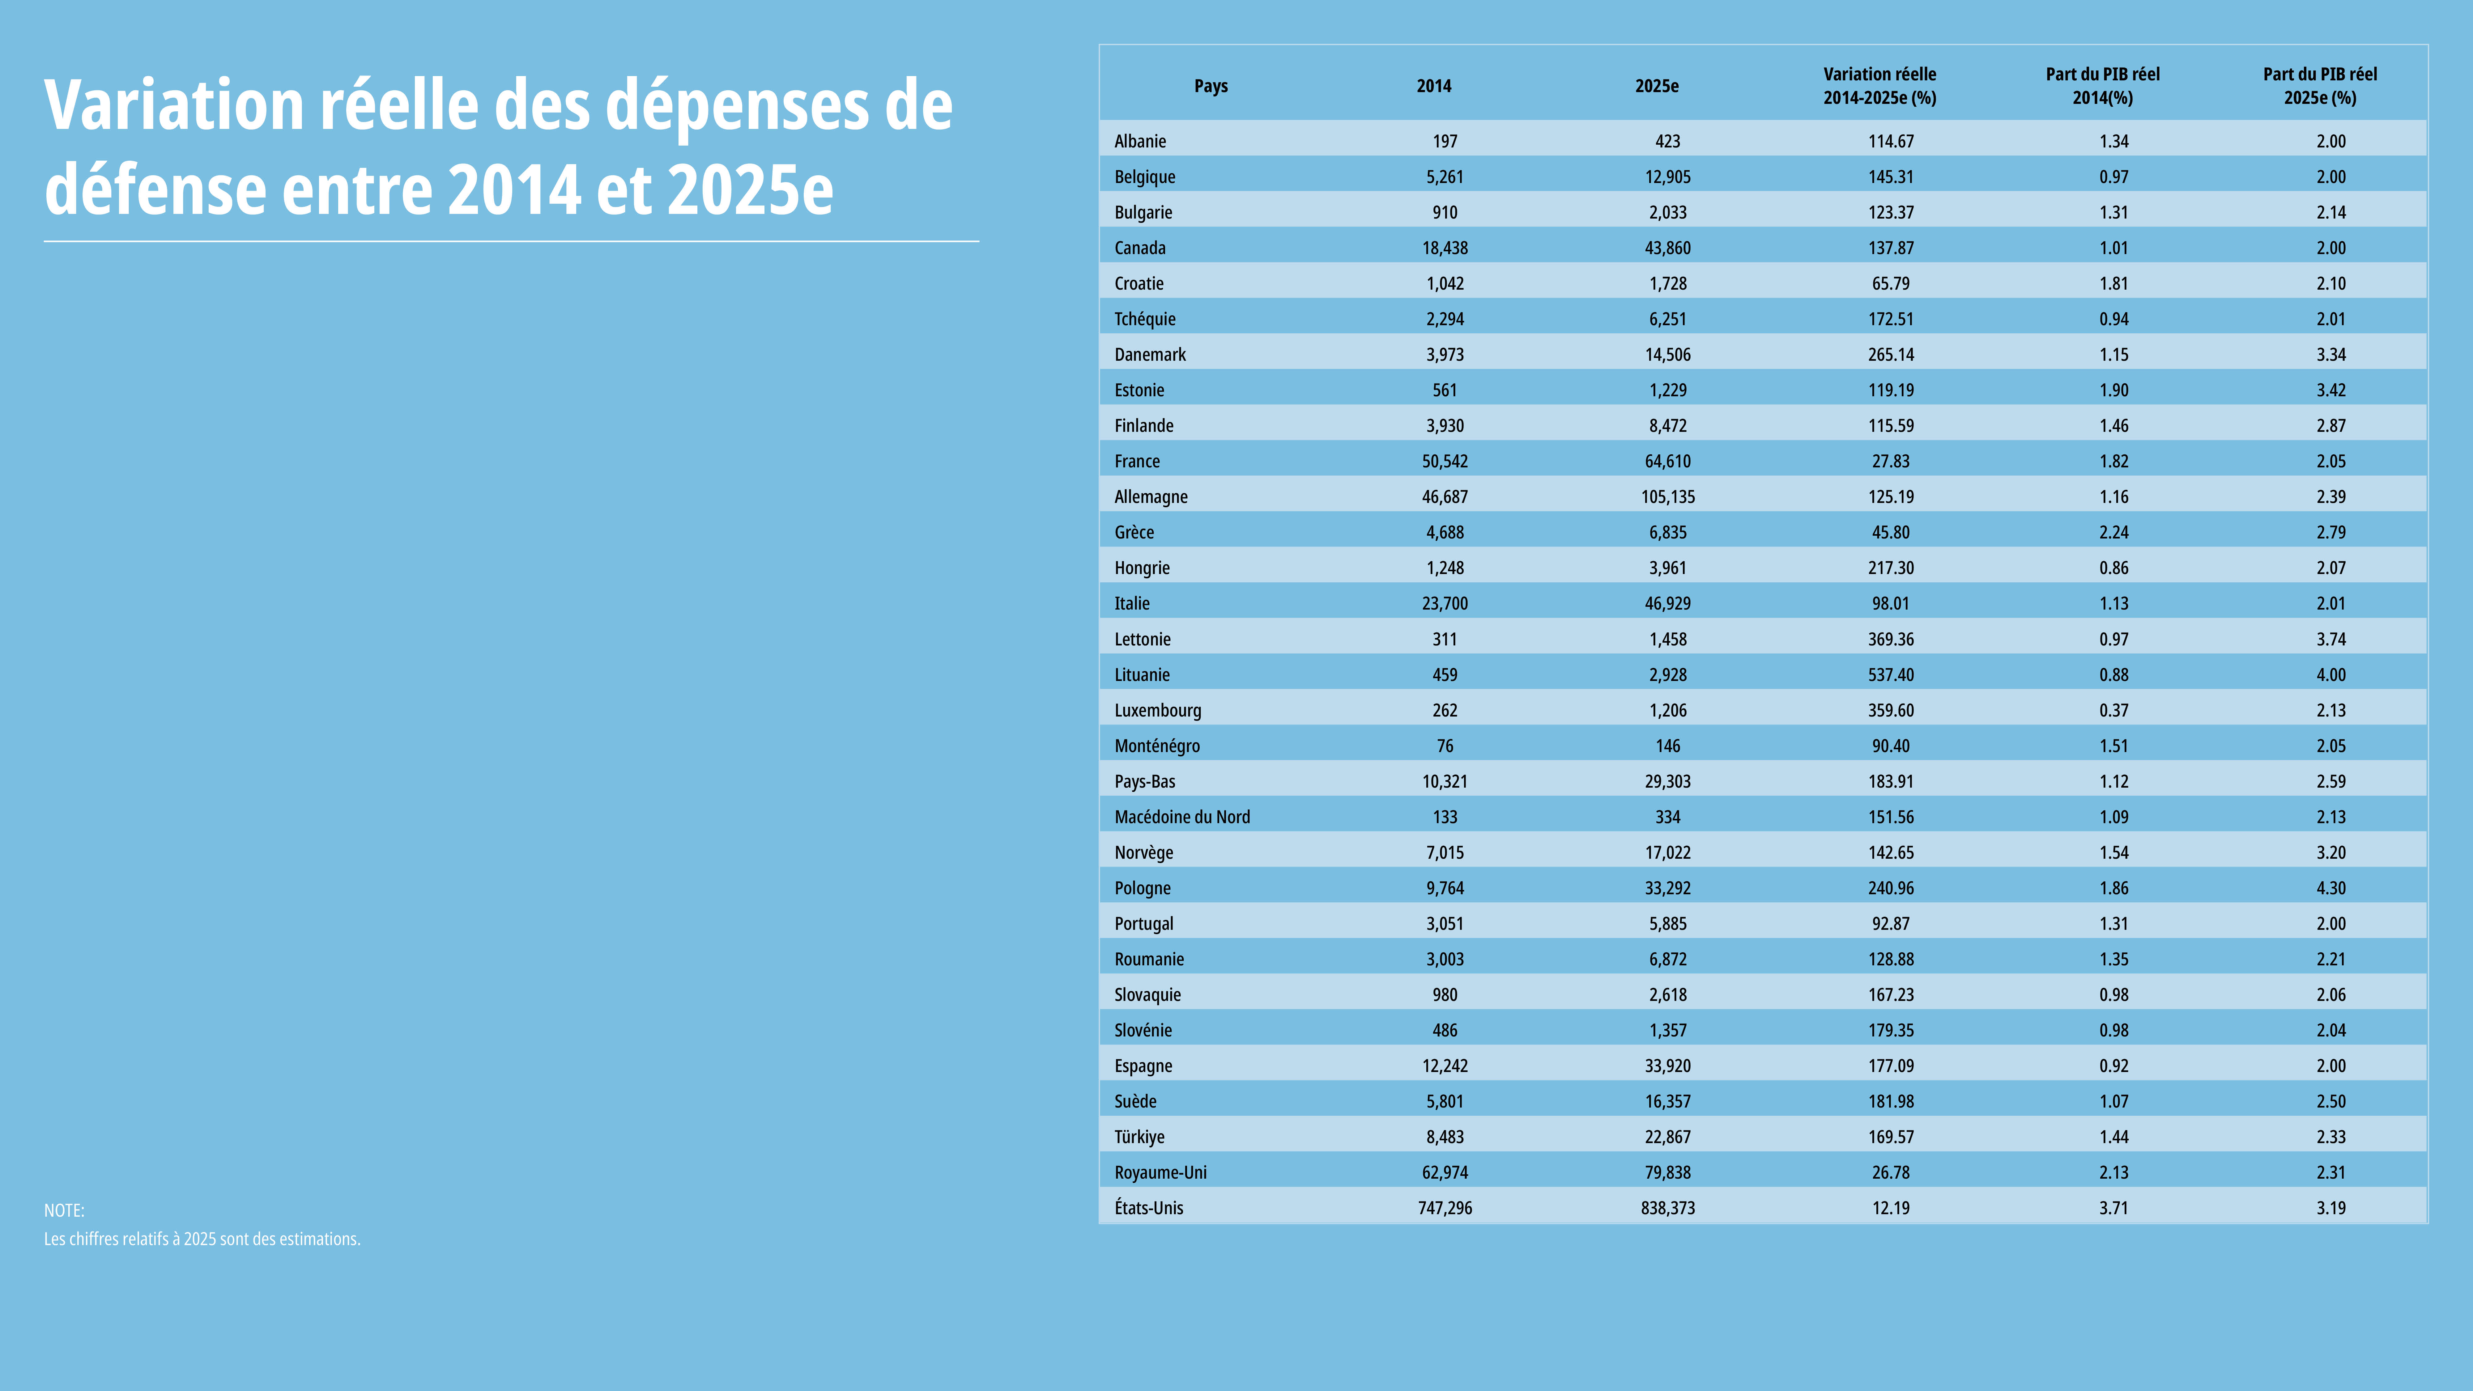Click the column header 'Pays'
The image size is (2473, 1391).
click(1211, 85)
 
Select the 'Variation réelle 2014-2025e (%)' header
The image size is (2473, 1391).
click(1880, 85)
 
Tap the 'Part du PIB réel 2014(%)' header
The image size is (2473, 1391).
click(2102, 85)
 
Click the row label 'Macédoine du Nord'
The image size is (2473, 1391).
click(1182, 817)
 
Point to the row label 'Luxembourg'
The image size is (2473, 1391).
click(1158, 710)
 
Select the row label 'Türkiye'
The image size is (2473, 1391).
click(1139, 1137)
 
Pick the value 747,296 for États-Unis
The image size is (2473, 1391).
click(1445, 1208)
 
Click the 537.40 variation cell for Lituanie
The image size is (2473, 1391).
click(1890, 675)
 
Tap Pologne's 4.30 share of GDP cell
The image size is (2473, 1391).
click(2331, 888)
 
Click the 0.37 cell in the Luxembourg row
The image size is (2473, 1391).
click(2114, 710)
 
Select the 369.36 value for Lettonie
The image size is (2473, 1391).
click(1890, 639)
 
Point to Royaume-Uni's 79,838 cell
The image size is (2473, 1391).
click(1667, 1172)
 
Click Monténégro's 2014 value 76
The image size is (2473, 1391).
click(1445, 746)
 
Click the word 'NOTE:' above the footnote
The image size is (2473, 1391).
click(64, 1210)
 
